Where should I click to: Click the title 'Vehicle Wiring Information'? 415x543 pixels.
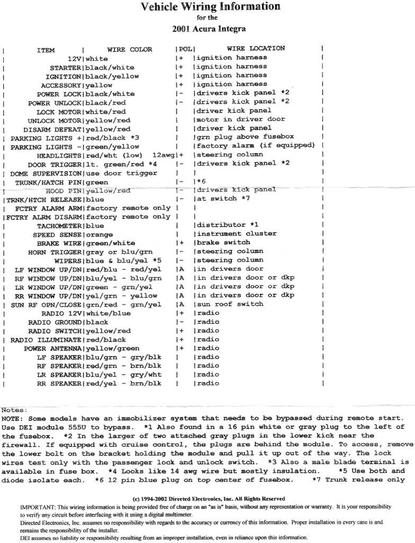point(210,7)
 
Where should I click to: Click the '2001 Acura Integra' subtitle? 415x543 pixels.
point(210,29)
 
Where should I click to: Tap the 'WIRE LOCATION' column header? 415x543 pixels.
point(256,49)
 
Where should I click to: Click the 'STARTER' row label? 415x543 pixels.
point(65,68)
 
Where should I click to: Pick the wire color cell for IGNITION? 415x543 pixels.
point(112,76)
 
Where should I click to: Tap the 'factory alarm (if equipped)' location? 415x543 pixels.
point(255,146)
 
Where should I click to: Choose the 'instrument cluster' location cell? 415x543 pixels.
point(236,234)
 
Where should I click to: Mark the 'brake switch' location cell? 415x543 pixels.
point(223,242)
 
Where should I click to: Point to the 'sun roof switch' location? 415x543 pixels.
point(230,304)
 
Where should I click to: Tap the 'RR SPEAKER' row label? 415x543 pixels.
point(57,383)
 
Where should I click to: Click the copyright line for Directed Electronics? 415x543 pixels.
point(208,499)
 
